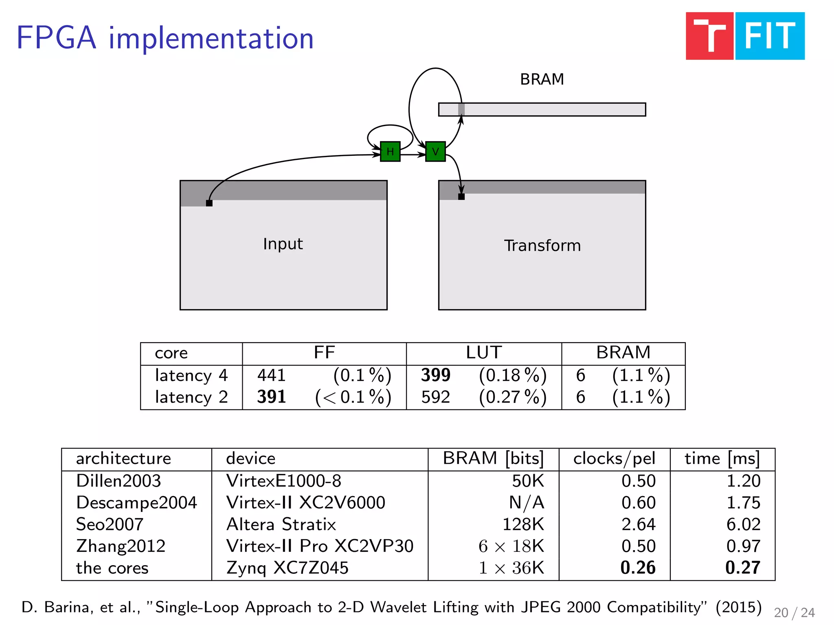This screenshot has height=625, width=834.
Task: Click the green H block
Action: [x=390, y=151]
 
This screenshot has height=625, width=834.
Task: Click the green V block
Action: [x=435, y=151]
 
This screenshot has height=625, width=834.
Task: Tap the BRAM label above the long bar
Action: [x=542, y=79]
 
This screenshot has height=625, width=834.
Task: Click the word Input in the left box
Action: [x=283, y=244]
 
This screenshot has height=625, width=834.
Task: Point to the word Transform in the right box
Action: [x=542, y=246]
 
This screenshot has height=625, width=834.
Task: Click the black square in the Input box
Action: [x=209, y=203]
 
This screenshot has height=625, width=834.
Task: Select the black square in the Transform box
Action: [x=461, y=197]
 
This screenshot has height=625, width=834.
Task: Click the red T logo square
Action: [x=709, y=36]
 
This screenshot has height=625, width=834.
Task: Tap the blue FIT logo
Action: [x=770, y=36]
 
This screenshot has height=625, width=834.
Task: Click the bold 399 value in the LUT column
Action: [x=435, y=375]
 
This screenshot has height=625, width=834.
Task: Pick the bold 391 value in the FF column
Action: [x=271, y=397]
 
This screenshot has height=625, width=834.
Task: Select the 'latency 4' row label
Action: [x=191, y=375]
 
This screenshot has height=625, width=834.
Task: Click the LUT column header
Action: [x=484, y=352]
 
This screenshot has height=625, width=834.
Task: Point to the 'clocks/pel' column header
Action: [x=614, y=459]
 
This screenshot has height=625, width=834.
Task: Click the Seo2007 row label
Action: [x=110, y=524]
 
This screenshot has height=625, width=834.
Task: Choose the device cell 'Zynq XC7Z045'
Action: [x=288, y=568]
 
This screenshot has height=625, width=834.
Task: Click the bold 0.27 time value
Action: [x=742, y=568]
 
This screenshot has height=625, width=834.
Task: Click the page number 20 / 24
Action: [x=794, y=612]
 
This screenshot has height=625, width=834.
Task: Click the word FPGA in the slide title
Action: [x=56, y=38]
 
